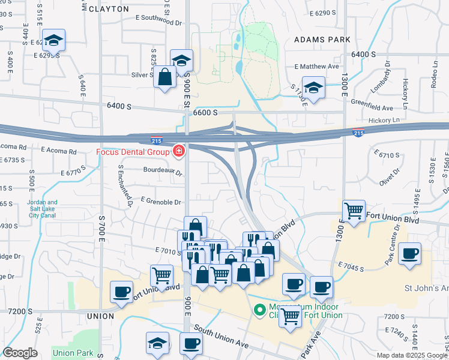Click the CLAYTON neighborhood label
pyautogui.click(x=109, y=9)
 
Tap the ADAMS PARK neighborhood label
pyautogui.click(x=321, y=39)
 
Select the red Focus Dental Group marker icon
pyautogui.click(x=179, y=150)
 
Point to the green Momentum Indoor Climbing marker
pyautogui.click(x=260, y=310)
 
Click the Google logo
pyautogui.click(x=19, y=353)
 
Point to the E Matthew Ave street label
pyautogui.click(x=317, y=67)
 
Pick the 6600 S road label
pyautogui.click(x=205, y=112)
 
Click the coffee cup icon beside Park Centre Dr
pyautogui.click(x=410, y=254)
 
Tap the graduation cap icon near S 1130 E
pyautogui.click(x=313, y=88)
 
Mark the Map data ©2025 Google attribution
pyautogui.click(x=411, y=355)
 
